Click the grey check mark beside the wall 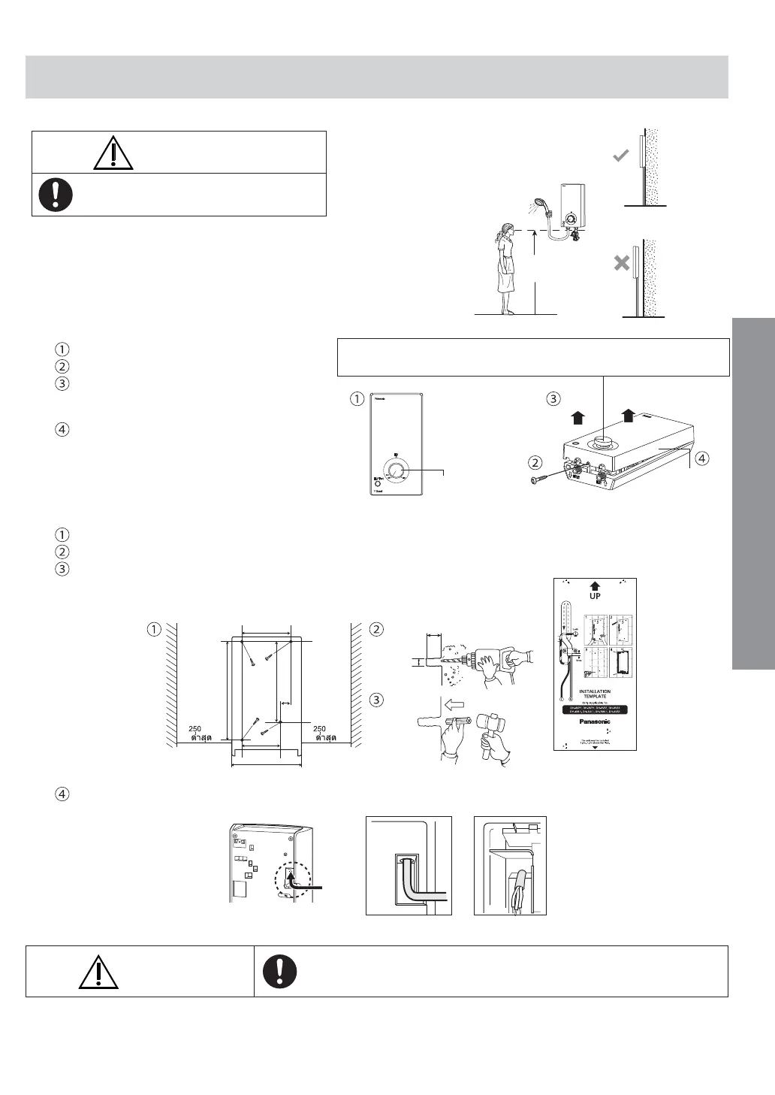point(620,156)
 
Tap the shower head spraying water point(539,204)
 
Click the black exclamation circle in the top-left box point(56,195)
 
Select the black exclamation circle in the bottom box point(280,971)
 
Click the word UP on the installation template point(594,596)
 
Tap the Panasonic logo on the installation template point(595,723)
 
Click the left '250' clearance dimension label point(195,728)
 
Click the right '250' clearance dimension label point(319,728)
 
